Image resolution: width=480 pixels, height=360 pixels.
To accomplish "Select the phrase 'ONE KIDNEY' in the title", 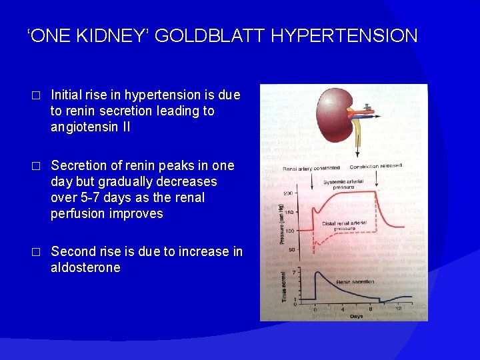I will (x=87, y=35).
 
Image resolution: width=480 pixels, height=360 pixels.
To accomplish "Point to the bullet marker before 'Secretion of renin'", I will (x=37, y=166).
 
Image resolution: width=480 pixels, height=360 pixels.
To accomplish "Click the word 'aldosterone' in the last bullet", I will (x=85, y=268).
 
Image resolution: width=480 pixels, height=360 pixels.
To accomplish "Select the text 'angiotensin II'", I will (x=90, y=127).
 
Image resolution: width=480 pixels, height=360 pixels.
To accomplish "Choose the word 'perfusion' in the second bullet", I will (x=76, y=214).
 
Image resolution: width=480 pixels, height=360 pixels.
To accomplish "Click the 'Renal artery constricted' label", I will (x=311, y=168).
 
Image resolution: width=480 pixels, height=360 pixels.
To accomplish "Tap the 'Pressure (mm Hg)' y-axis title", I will (x=282, y=219).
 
